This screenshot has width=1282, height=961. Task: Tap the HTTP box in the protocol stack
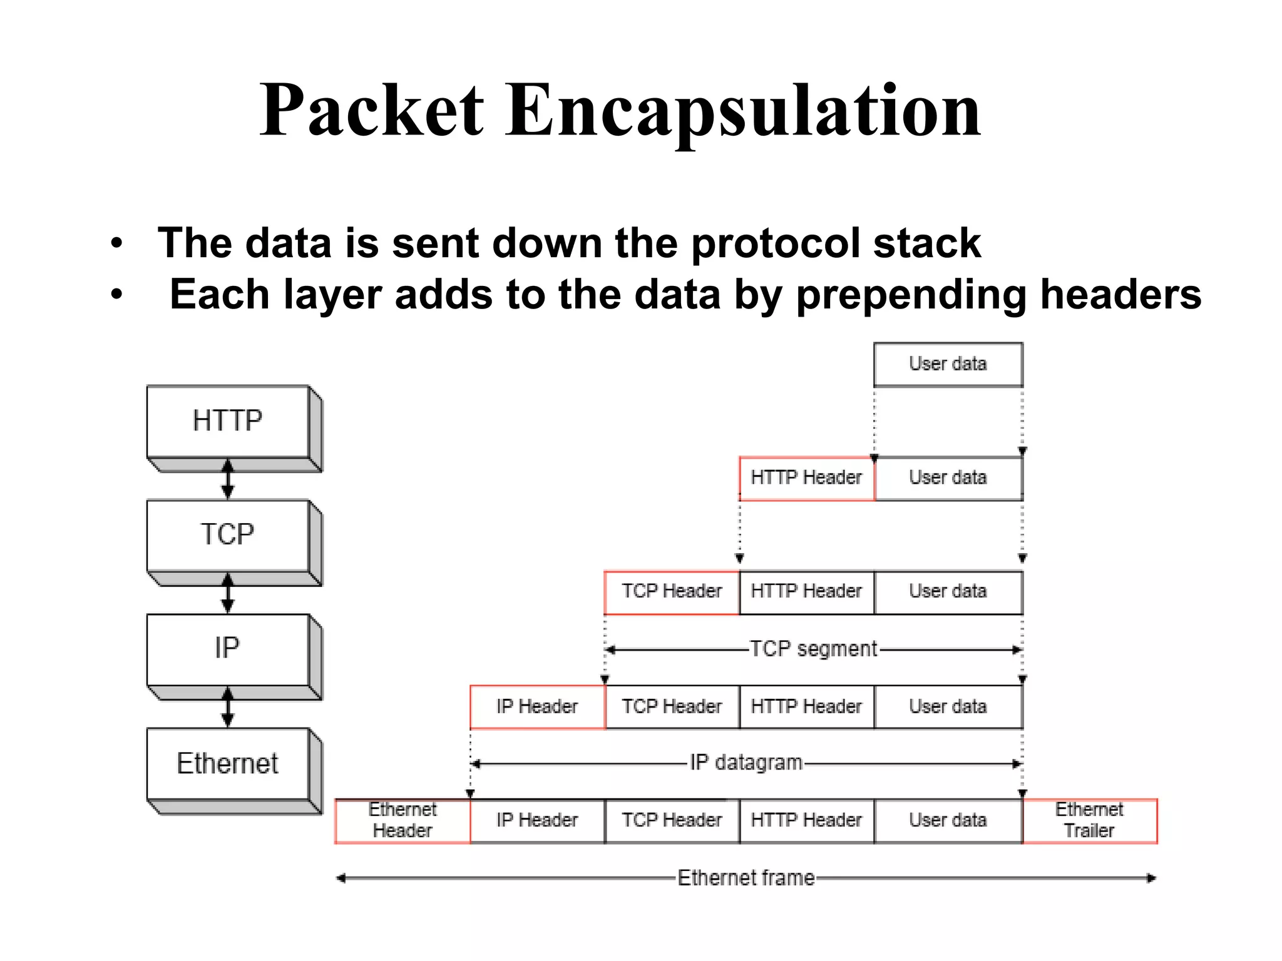pyautogui.click(x=228, y=421)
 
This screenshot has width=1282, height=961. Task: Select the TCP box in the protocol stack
pyautogui.click(x=228, y=535)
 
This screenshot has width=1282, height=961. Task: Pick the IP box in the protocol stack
pyautogui.click(x=228, y=649)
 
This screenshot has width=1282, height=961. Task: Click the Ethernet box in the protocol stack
pyautogui.click(x=228, y=764)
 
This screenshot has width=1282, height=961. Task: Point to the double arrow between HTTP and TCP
pyautogui.click(x=228, y=479)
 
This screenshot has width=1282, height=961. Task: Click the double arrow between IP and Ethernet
pyautogui.click(x=228, y=707)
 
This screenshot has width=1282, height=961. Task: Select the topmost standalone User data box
pyautogui.click(x=948, y=364)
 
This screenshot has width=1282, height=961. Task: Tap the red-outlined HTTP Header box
pyautogui.click(x=806, y=478)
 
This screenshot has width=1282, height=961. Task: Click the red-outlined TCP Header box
pyautogui.click(x=672, y=592)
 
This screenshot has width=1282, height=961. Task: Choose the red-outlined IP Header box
pyautogui.click(x=537, y=707)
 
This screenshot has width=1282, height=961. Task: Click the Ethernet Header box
pyautogui.click(x=403, y=821)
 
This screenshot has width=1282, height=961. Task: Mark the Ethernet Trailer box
pyautogui.click(x=1089, y=821)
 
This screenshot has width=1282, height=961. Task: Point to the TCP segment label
pyautogui.click(x=813, y=649)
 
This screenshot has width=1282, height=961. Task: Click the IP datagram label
pyautogui.click(x=746, y=763)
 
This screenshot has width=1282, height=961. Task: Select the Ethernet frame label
pyautogui.click(x=746, y=878)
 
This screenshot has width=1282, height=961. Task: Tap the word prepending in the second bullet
pyautogui.click(x=911, y=295)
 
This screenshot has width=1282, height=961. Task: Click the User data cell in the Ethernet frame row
pyautogui.click(x=948, y=821)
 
